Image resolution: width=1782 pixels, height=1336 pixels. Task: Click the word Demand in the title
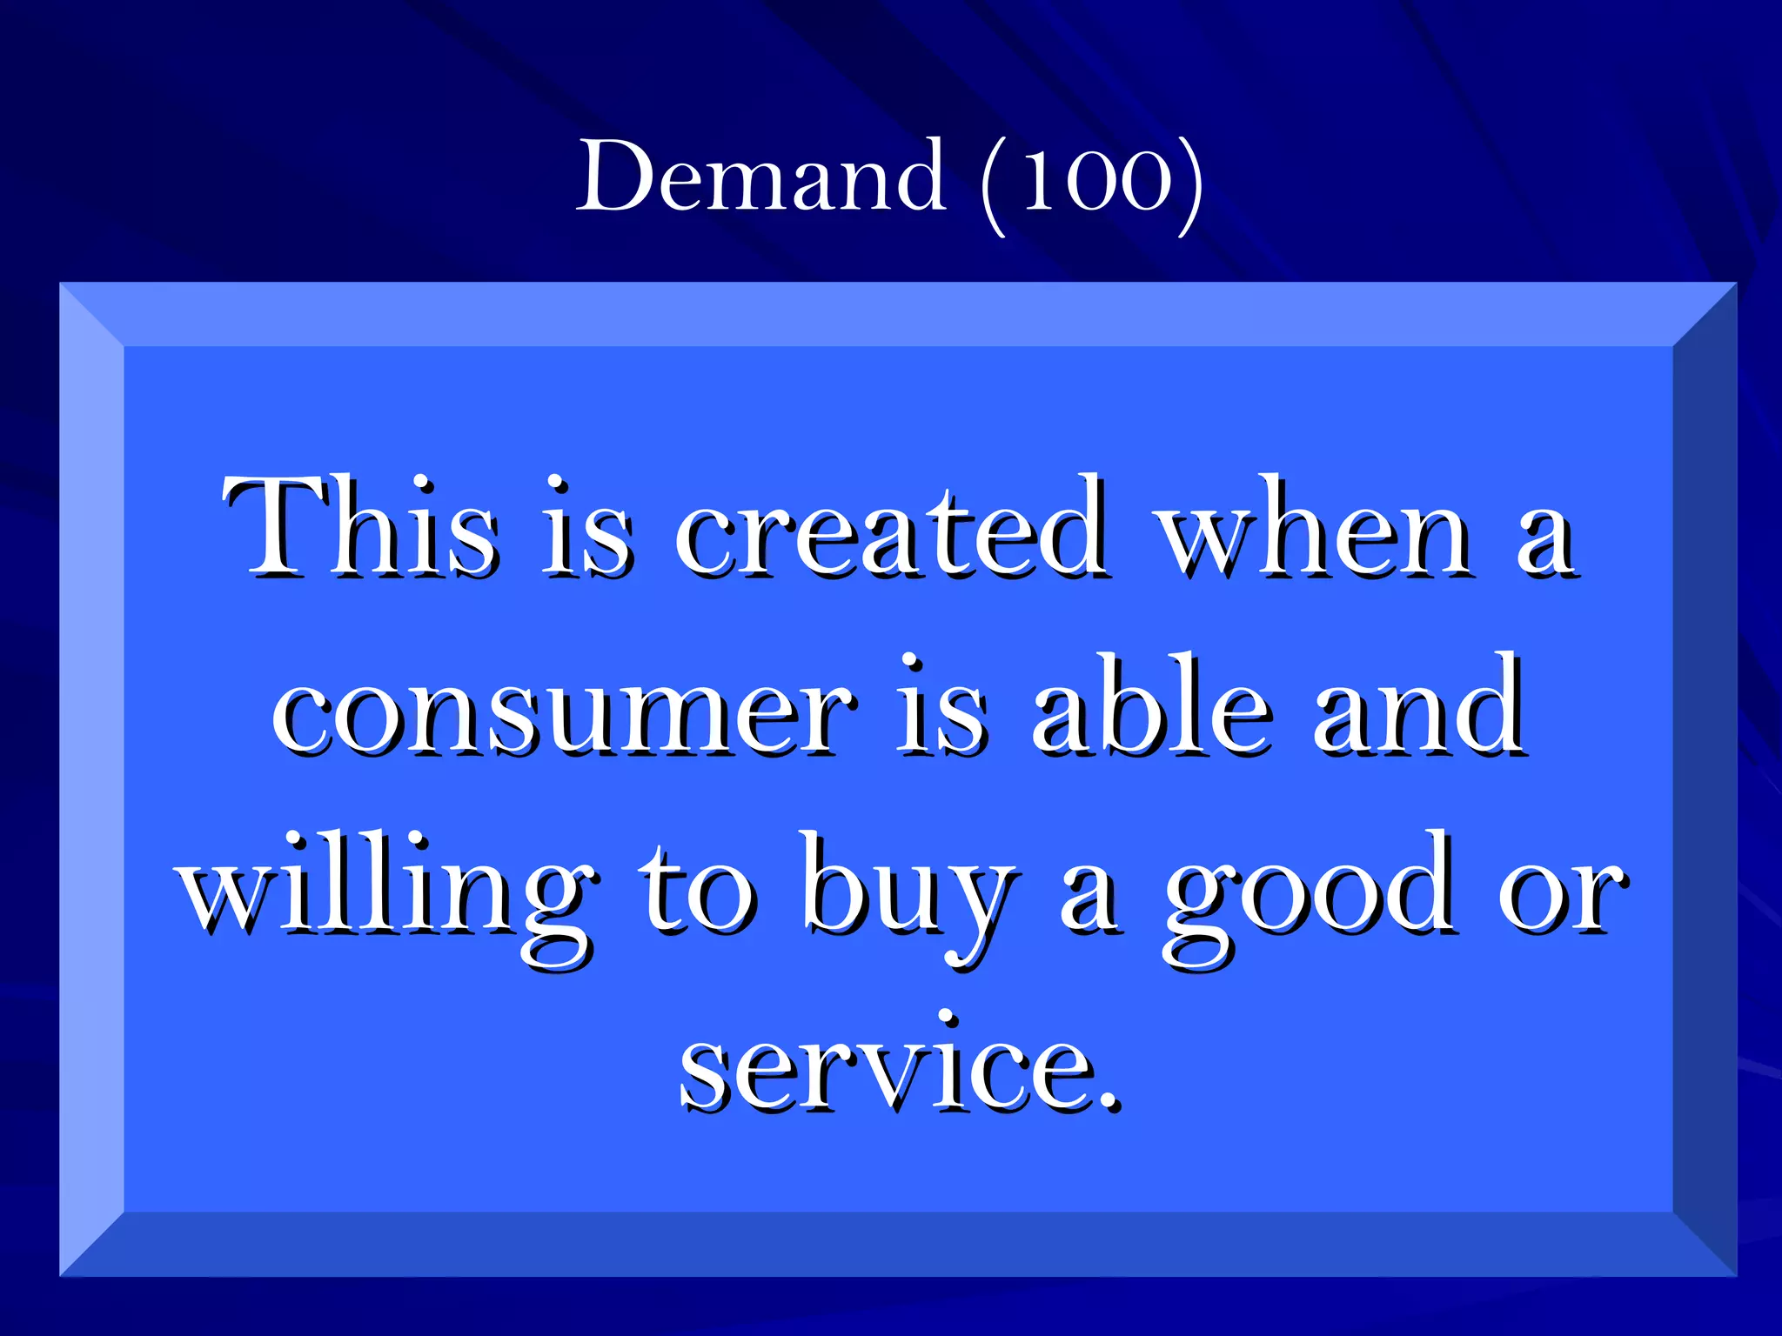pos(761,177)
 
